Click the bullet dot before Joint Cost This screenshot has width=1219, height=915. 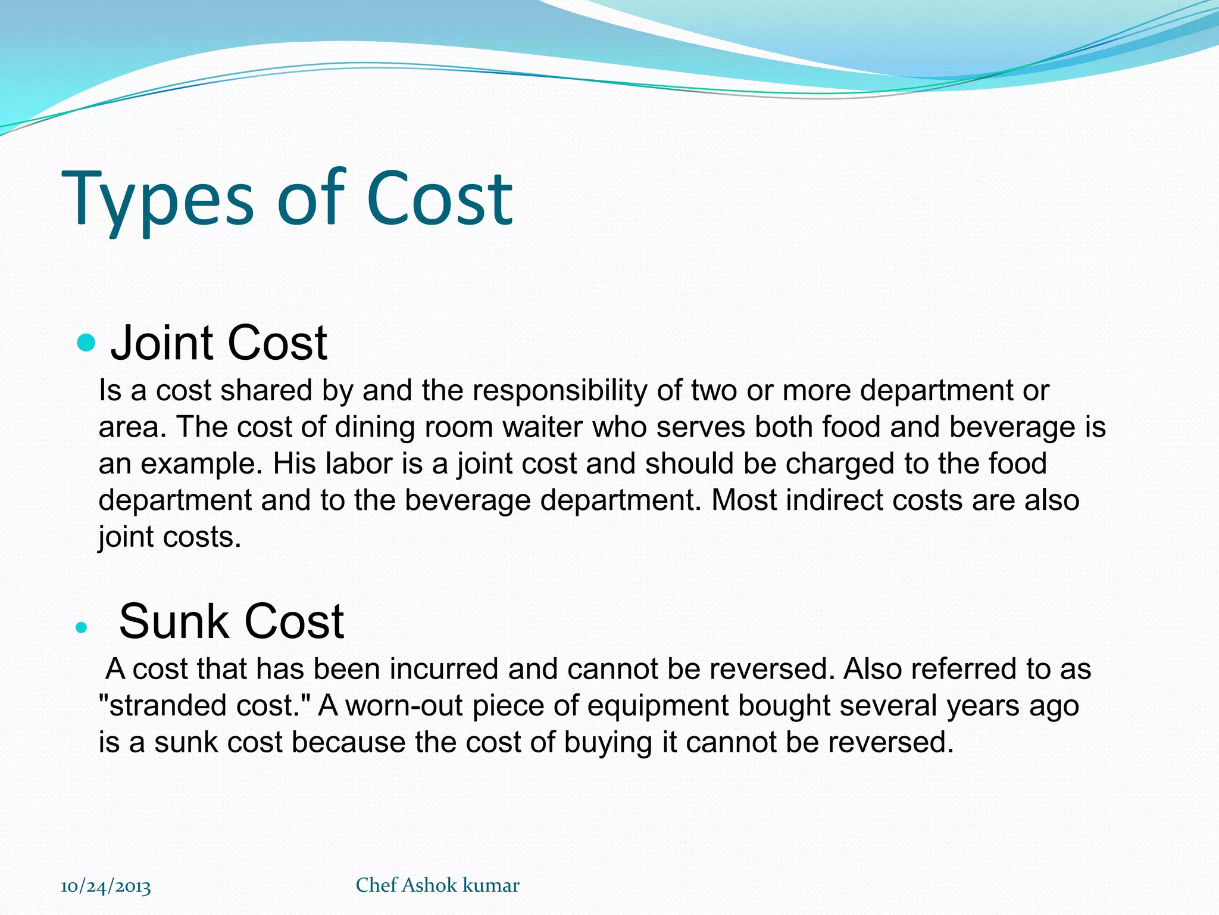click(x=86, y=343)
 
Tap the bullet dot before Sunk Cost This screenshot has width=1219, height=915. click(x=82, y=627)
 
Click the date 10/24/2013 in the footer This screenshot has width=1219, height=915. click(x=106, y=886)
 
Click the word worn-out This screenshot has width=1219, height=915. click(x=404, y=706)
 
